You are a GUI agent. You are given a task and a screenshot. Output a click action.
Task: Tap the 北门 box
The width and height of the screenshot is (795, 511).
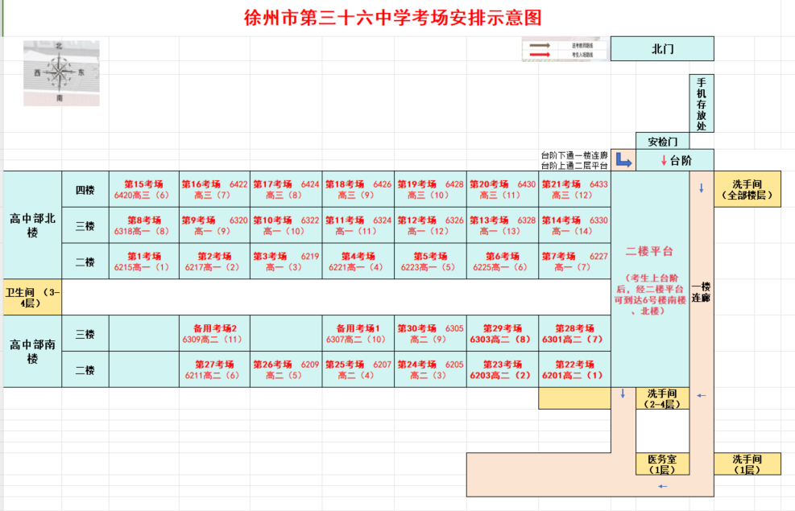point(662,48)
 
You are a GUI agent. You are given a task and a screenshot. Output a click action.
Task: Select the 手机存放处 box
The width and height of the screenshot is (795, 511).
point(702,104)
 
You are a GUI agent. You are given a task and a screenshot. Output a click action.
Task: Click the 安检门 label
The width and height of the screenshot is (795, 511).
point(663,142)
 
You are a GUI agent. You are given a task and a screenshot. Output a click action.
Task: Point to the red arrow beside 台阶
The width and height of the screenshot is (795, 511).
point(664,160)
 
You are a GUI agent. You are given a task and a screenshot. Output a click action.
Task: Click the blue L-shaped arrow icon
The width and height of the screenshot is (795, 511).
point(623,159)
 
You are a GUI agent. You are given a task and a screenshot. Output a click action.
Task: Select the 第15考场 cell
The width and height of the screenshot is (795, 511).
point(143,189)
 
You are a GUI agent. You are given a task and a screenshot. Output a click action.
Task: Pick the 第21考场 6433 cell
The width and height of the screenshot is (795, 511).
point(574,189)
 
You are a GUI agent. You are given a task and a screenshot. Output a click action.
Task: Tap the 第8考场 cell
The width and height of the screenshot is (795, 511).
point(143,225)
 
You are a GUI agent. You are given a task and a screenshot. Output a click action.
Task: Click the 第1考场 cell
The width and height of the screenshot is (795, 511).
point(143,261)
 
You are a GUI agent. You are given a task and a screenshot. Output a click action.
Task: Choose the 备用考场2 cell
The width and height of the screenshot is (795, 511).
point(214,333)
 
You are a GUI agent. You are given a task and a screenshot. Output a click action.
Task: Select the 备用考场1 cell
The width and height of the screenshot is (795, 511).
point(358,333)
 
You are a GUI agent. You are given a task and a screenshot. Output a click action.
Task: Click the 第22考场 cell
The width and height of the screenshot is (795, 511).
point(574,369)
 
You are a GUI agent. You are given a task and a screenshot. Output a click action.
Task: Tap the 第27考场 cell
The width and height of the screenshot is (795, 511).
point(214,369)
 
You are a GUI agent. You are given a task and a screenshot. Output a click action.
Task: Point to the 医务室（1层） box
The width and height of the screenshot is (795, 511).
point(662,464)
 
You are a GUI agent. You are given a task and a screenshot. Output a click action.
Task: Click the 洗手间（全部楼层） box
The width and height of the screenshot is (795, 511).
point(747,189)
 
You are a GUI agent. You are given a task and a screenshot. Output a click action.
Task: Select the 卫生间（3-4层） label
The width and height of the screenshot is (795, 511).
point(32,297)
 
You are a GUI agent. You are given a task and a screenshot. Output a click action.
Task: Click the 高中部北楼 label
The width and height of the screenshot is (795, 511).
point(32,225)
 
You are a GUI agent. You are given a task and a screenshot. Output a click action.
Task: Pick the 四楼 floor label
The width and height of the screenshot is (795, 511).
point(85,190)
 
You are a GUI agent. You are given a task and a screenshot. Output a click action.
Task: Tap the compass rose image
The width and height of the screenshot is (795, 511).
point(60,73)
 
